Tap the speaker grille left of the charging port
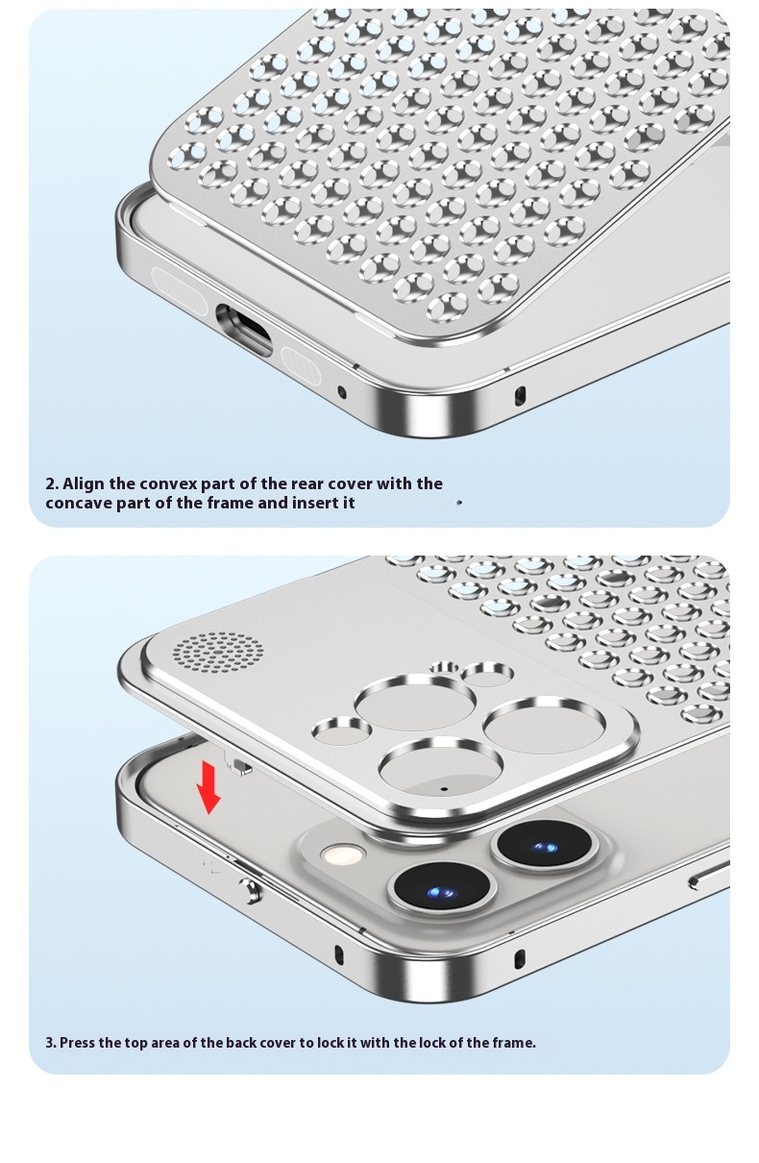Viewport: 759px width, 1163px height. tap(179, 290)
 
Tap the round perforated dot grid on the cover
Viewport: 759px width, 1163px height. tap(218, 652)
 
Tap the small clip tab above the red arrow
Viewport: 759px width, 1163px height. tap(238, 766)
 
